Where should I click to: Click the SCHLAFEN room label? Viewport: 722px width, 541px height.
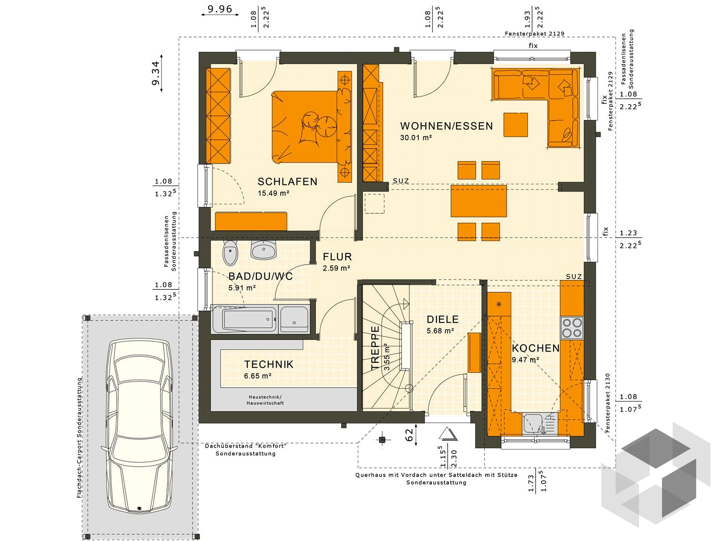click(x=287, y=182)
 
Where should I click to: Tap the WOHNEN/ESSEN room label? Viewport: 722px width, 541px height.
click(x=446, y=126)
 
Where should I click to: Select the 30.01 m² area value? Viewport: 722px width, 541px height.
click(x=416, y=138)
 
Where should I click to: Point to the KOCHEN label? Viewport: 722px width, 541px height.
click(x=536, y=348)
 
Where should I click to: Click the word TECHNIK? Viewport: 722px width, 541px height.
click(x=268, y=364)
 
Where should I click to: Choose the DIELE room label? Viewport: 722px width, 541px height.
click(x=442, y=319)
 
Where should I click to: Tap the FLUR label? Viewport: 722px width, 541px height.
click(x=337, y=257)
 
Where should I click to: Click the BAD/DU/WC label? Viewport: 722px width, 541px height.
click(x=260, y=276)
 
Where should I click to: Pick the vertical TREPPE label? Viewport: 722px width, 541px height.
click(x=375, y=348)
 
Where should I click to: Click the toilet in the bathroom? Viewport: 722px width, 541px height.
click(x=230, y=253)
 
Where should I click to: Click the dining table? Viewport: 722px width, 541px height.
click(x=479, y=201)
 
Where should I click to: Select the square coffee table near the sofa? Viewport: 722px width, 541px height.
click(x=516, y=124)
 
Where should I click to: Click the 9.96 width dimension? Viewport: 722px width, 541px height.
click(x=220, y=9)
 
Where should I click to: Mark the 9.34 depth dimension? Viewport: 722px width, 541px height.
click(x=155, y=73)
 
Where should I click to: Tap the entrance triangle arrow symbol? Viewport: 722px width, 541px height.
click(x=448, y=434)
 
